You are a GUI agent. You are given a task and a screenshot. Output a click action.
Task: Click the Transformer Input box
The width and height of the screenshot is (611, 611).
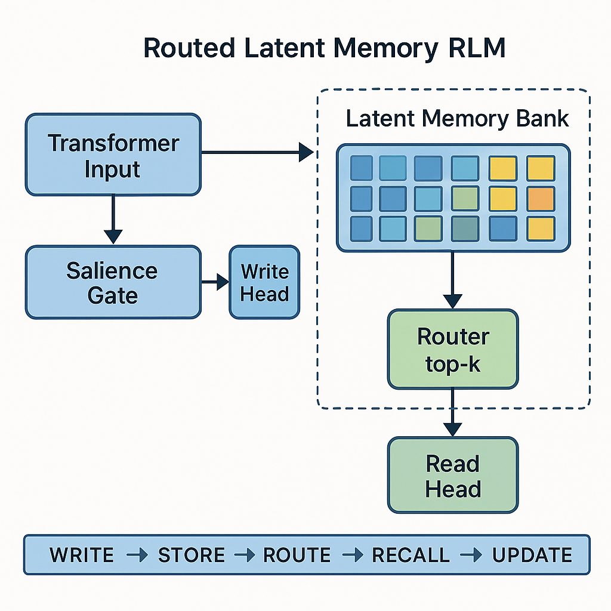click(113, 155)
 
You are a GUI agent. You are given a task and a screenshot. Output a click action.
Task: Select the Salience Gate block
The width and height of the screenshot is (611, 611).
click(113, 282)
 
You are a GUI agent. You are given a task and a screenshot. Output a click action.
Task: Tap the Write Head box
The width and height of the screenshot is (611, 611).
click(264, 282)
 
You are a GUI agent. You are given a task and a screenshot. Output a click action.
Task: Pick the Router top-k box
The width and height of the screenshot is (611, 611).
click(453, 348)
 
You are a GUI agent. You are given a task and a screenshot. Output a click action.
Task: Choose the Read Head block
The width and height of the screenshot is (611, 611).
click(453, 476)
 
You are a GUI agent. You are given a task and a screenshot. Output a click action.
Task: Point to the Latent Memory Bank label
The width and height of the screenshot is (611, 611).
click(457, 118)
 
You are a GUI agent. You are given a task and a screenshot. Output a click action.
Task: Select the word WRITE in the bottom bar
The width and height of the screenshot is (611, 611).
click(82, 555)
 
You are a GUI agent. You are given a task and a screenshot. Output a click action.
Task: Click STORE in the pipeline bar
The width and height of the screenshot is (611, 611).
click(191, 555)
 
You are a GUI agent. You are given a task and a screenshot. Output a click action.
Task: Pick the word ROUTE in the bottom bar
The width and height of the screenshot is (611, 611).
click(297, 555)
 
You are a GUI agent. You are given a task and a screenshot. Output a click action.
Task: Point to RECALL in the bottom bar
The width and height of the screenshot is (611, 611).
click(411, 555)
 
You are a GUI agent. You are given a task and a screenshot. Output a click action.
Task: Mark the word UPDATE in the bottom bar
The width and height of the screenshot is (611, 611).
click(532, 555)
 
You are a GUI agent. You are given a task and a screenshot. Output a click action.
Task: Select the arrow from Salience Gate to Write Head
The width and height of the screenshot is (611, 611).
click(215, 282)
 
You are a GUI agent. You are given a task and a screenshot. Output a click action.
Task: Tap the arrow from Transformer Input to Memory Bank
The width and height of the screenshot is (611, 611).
click(257, 153)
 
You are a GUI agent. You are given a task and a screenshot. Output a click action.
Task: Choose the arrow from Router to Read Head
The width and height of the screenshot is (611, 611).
click(453, 412)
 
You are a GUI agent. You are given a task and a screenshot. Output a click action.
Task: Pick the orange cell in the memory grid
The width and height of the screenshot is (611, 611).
click(541, 199)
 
